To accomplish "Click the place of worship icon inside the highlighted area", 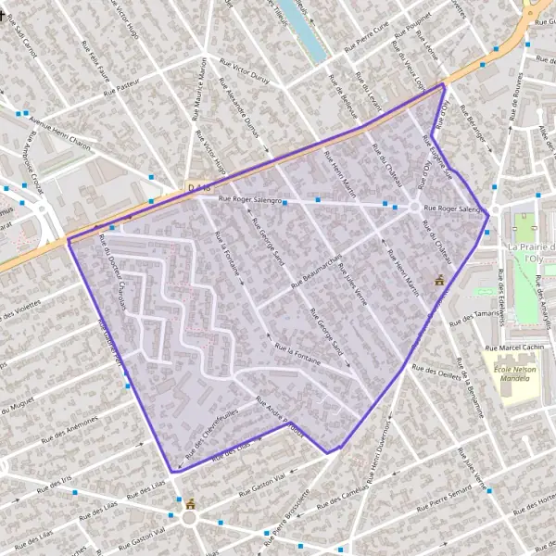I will click(x=439, y=279).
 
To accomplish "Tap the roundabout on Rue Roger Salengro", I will click(x=413, y=206).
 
